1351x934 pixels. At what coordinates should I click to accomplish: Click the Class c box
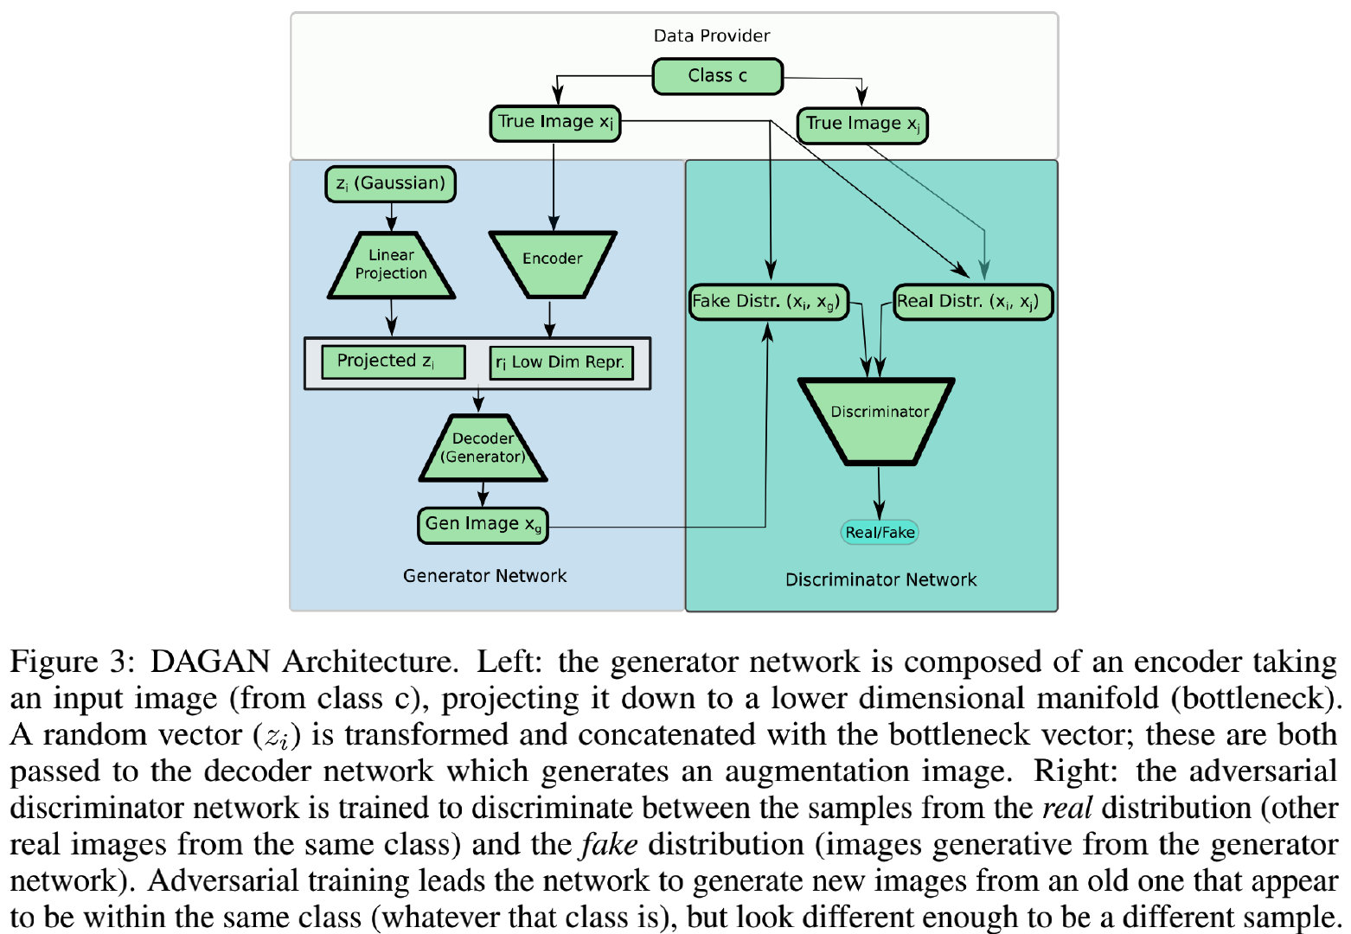717,76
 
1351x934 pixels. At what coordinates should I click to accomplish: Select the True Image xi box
555,123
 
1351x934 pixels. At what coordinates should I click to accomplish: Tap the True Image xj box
861,125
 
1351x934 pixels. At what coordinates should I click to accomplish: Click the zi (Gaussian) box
390,183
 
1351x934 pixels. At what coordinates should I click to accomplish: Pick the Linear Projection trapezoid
391,265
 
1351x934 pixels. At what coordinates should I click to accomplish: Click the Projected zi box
392,361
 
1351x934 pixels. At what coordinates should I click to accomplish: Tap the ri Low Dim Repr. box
560,362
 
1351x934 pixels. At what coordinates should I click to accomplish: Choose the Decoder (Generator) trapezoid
483,448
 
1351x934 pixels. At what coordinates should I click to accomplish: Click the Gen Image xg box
483,525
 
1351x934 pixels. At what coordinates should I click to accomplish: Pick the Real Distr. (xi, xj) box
971,302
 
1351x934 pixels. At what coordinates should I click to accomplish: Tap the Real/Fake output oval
879,533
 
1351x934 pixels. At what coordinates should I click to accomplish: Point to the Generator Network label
484,576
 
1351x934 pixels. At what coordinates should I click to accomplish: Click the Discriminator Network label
880,580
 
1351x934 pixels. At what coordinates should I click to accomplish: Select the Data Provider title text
711,35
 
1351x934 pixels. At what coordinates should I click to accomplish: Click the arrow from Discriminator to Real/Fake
879,492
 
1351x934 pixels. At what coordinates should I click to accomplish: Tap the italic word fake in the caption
609,844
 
